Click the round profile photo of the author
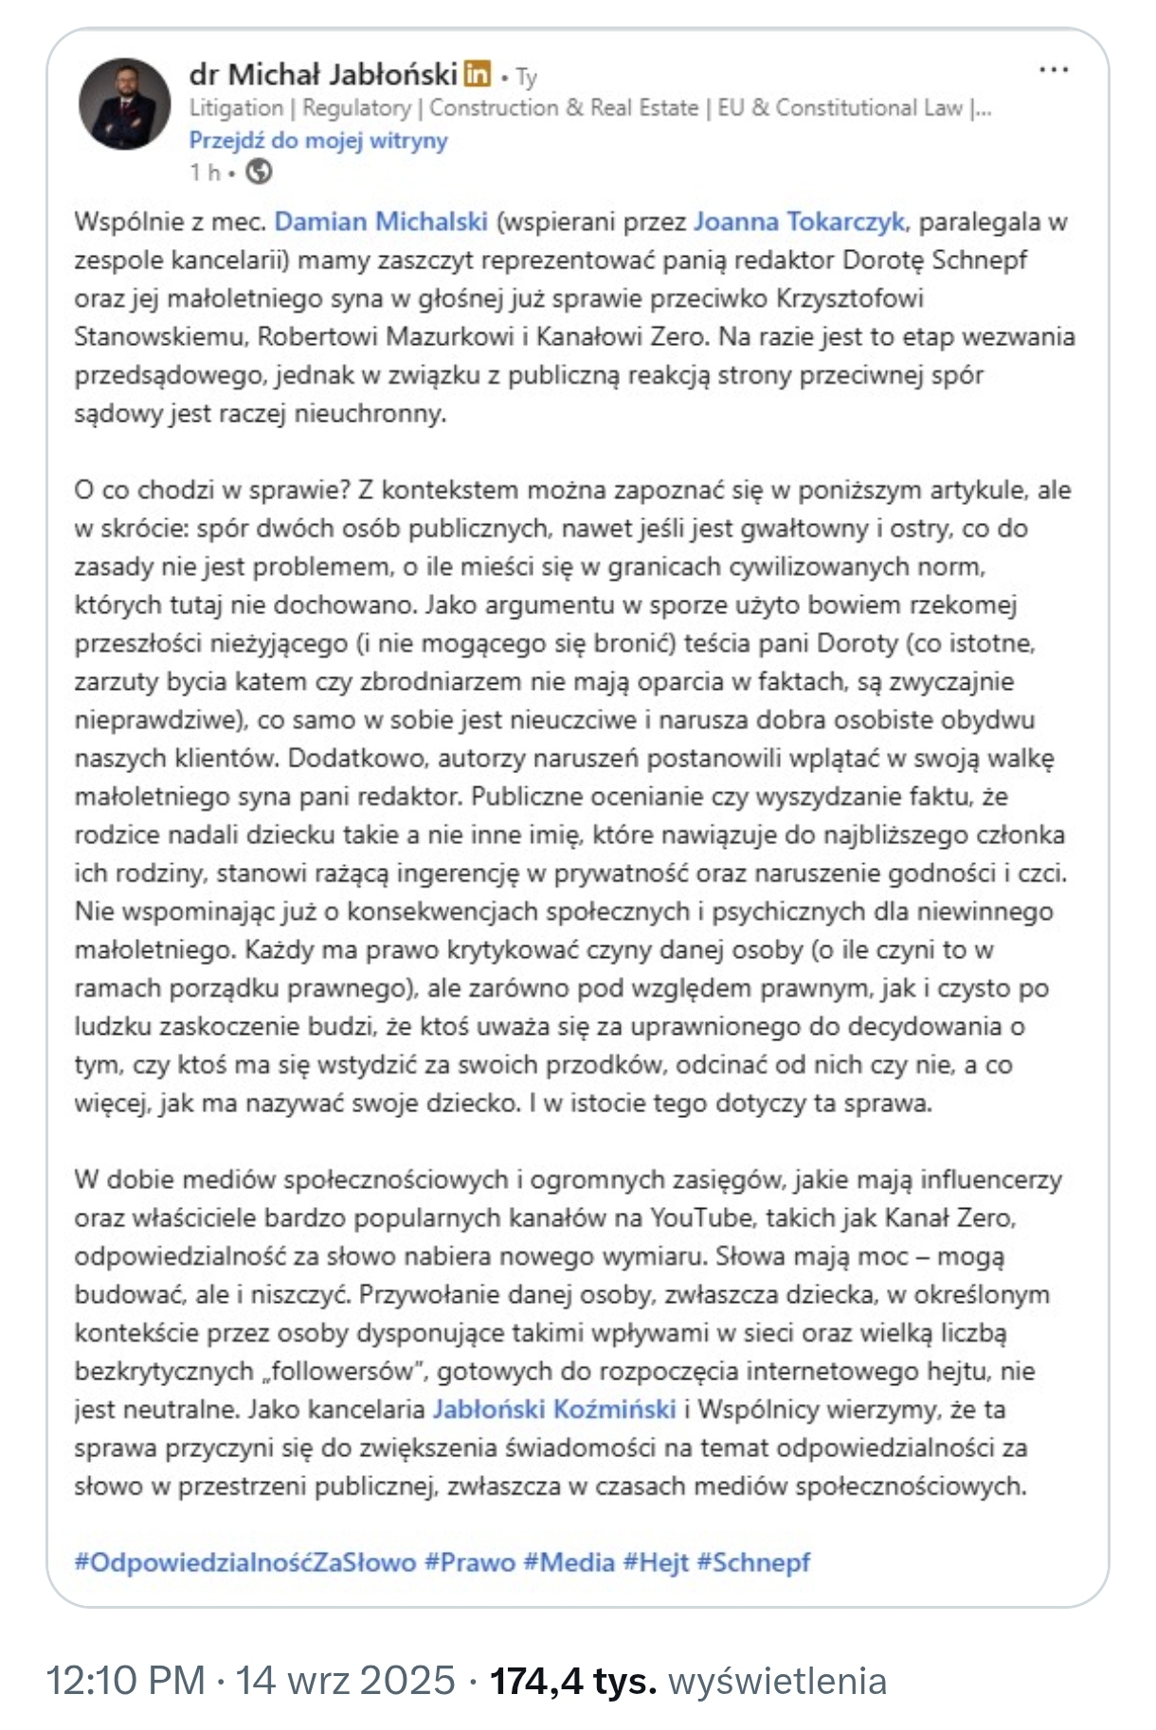[x=124, y=104]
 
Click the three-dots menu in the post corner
[x=1054, y=70]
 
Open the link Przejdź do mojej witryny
[x=317, y=140]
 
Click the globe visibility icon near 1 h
[x=259, y=171]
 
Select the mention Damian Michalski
[x=381, y=222]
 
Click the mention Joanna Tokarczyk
[x=799, y=222]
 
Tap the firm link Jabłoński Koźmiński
[x=553, y=1410]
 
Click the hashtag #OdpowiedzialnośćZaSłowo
[x=244, y=1562]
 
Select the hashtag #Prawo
[x=470, y=1562]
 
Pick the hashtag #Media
[x=569, y=1562]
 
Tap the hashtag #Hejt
[x=656, y=1562]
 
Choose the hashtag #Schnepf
[x=753, y=1562]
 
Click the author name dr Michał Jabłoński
[x=323, y=73]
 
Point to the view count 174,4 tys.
[x=572, y=1681]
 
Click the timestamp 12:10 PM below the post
[x=125, y=1681]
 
